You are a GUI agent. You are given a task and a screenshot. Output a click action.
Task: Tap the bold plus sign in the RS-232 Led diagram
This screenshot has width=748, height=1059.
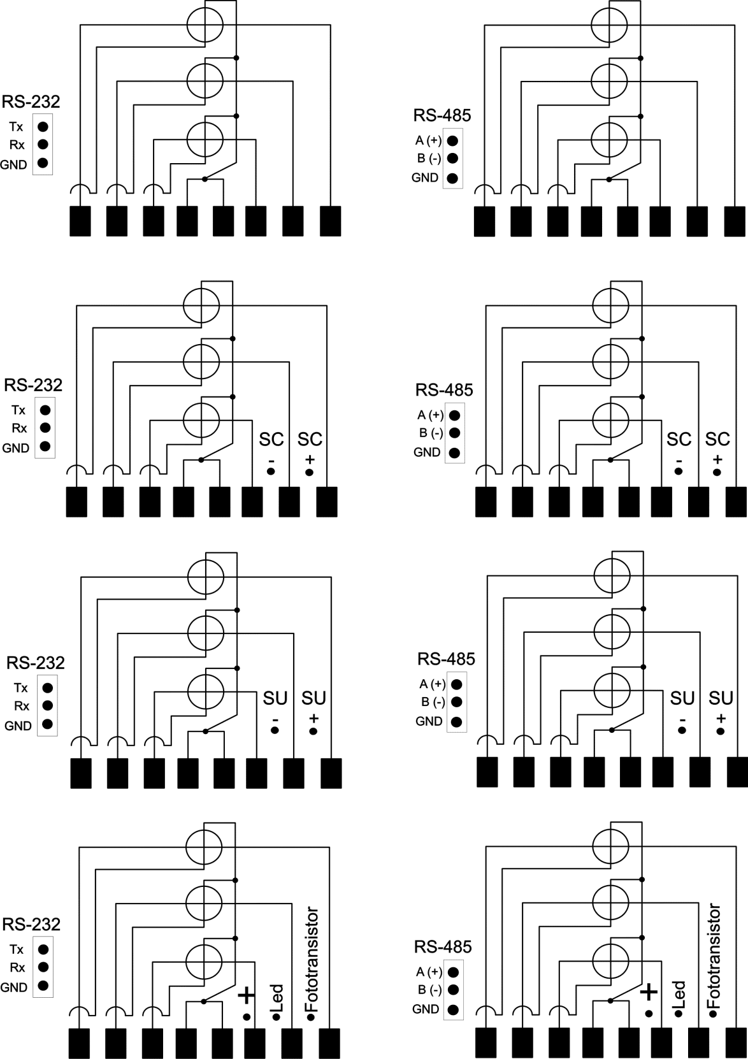pyautogui.click(x=247, y=996)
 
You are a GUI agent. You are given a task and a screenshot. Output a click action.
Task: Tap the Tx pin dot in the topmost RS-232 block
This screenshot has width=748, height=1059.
pyautogui.click(x=43, y=127)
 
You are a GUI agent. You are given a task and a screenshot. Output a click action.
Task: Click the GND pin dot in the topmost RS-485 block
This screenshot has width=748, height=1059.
pyautogui.click(x=452, y=178)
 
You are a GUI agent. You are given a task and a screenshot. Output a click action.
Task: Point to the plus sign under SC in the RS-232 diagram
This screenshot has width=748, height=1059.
pyautogui.click(x=310, y=459)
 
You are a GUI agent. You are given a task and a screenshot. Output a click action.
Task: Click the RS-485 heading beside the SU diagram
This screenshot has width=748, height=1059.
pyautogui.click(x=447, y=659)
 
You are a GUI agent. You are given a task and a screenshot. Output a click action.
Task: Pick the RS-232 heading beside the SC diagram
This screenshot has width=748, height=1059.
pyautogui.click(x=33, y=385)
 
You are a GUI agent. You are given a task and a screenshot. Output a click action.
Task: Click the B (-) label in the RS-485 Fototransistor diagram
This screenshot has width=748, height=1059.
pyautogui.click(x=430, y=990)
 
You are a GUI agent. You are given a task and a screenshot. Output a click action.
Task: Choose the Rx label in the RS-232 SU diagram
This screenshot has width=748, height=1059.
pyautogui.click(x=22, y=706)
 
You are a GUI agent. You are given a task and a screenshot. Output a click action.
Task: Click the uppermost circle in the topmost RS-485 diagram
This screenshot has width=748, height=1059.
pyautogui.click(x=610, y=25)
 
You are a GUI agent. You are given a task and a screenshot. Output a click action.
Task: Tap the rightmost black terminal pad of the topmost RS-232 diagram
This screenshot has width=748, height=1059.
pyautogui.click(x=331, y=220)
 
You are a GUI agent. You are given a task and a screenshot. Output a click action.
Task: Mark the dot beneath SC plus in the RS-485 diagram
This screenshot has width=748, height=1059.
pyautogui.click(x=717, y=472)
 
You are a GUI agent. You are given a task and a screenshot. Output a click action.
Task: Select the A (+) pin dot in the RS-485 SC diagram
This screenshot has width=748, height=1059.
pyautogui.click(x=454, y=415)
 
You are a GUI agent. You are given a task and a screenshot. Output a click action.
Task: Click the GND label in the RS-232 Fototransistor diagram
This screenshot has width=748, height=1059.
pyautogui.click(x=14, y=987)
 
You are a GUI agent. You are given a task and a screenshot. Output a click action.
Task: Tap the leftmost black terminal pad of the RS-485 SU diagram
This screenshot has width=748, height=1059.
pyautogui.click(x=487, y=772)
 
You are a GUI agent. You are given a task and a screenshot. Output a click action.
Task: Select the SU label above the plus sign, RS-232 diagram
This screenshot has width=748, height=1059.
pyautogui.click(x=314, y=698)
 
